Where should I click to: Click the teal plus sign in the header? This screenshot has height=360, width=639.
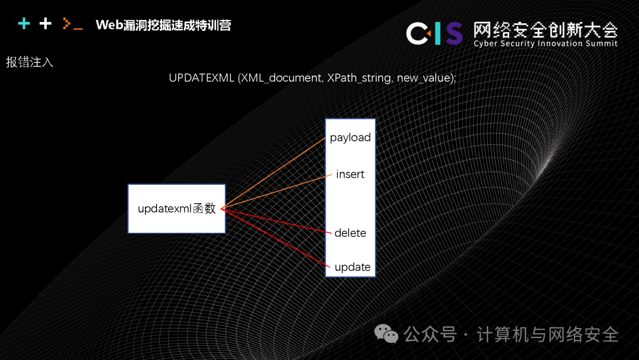tap(24, 24)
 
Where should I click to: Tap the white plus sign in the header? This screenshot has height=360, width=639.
tap(46, 24)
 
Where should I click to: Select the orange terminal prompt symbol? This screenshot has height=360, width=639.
tap(72, 25)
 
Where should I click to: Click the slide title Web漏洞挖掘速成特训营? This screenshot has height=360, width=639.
tap(163, 25)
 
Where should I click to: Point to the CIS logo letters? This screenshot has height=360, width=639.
tap(434, 33)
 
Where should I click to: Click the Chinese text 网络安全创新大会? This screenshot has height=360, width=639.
tap(545, 28)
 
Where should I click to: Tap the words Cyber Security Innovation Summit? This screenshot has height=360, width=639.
tap(545, 44)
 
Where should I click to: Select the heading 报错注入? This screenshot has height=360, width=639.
tap(30, 62)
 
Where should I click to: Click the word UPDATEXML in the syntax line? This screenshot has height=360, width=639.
tap(201, 79)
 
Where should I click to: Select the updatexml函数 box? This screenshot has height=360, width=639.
tap(177, 208)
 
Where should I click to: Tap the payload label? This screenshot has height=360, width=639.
tap(350, 137)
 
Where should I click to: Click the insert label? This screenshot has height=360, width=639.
tap(350, 175)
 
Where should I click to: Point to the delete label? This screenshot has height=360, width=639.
tap(350, 233)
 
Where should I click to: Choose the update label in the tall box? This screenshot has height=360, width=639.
tap(352, 267)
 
